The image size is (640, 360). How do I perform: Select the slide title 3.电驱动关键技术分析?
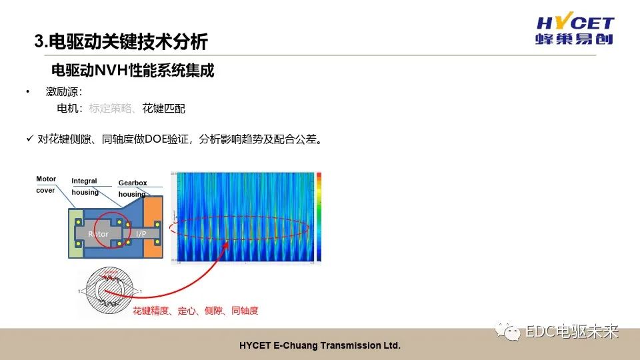tap(121, 43)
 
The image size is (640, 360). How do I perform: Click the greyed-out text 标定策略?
tap(110, 108)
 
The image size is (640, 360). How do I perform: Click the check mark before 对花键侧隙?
tap(29, 139)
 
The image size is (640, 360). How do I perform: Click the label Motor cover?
tap(46, 185)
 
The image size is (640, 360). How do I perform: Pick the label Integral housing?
tap(85, 187)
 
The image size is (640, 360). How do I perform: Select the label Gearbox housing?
tap(132, 189)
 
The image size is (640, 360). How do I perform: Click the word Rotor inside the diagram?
tap(98, 234)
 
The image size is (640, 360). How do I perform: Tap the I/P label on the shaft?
tap(141, 234)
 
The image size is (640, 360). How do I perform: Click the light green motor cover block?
tap(75, 234)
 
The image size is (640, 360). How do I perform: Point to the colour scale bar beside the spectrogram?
tap(319, 217)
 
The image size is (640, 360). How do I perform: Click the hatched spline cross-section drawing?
tap(109, 291)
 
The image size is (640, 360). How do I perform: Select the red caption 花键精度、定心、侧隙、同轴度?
tap(195, 311)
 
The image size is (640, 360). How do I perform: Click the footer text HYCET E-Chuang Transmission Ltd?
tap(319, 346)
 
